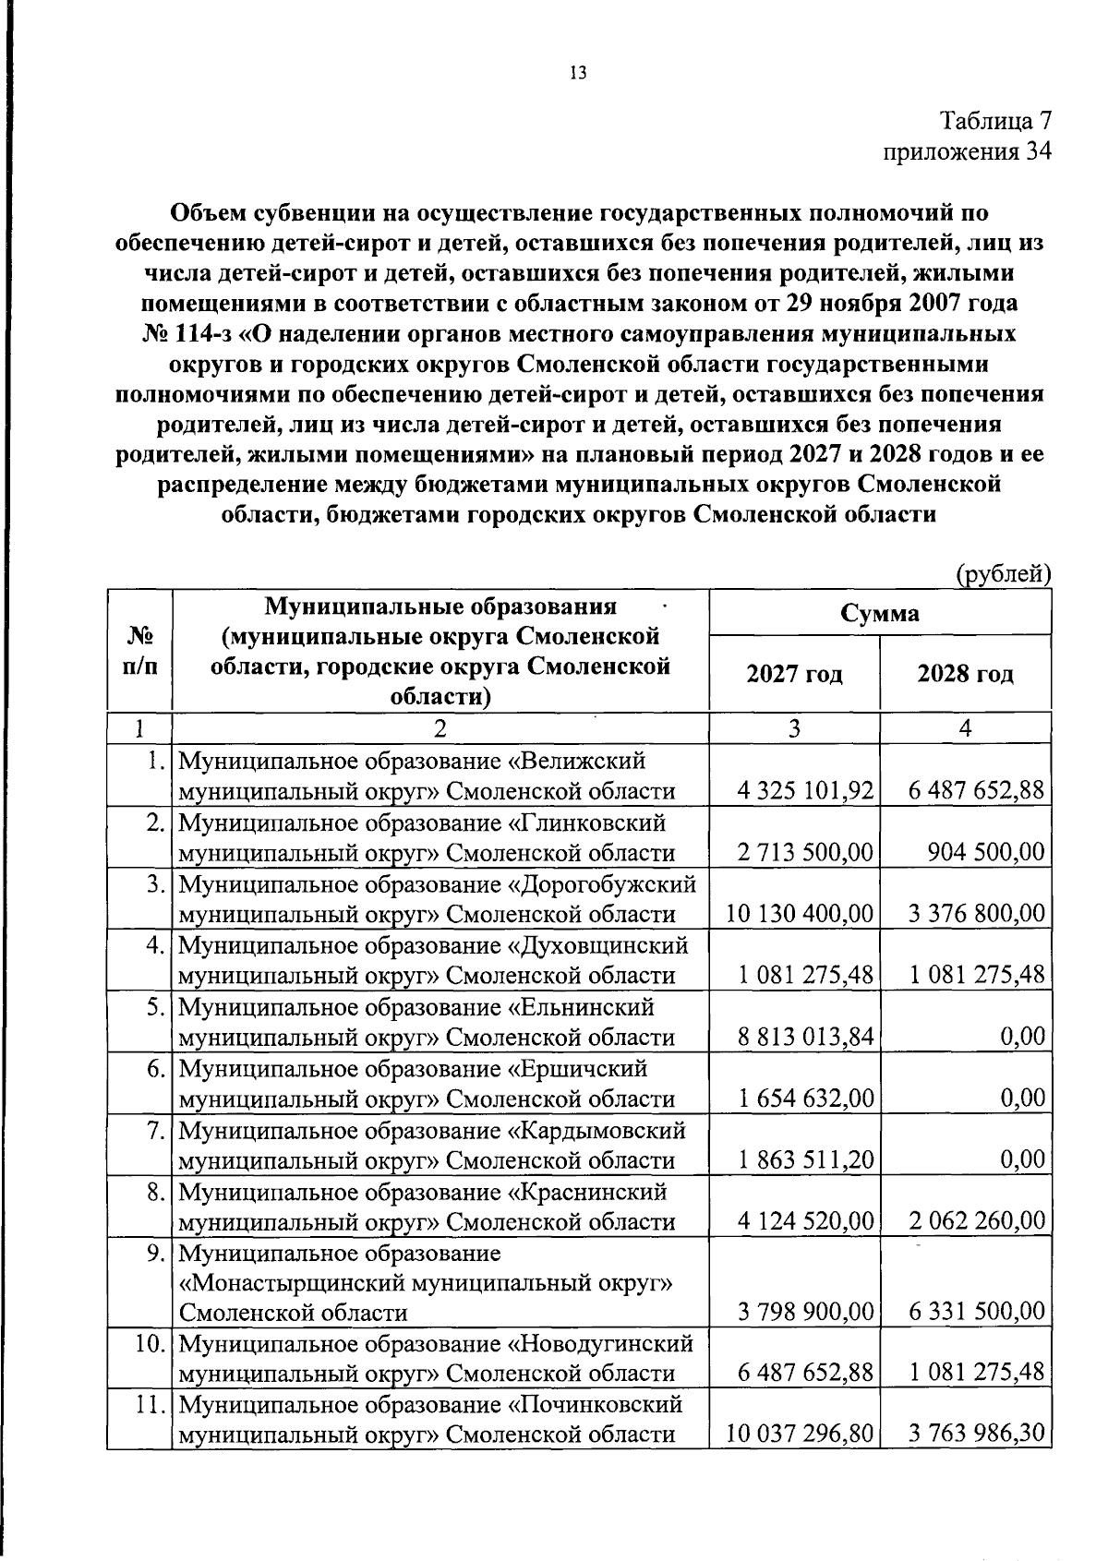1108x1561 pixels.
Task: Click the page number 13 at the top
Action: click(x=578, y=75)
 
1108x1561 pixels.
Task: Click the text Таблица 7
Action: click(x=995, y=121)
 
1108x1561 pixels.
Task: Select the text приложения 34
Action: click(x=968, y=151)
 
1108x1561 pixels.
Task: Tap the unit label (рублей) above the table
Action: click(x=1003, y=574)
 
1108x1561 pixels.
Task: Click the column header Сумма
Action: click(x=880, y=613)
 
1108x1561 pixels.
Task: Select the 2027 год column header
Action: click(x=794, y=673)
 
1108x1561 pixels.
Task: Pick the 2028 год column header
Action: click(x=965, y=673)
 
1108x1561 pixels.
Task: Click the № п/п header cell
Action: click(x=138, y=651)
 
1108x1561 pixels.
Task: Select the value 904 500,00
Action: click(x=986, y=852)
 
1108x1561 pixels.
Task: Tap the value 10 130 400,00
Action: click(x=800, y=914)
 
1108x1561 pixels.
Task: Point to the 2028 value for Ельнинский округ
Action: click(x=1023, y=1037)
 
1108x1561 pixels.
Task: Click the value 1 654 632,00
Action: click(x=805, y=1099)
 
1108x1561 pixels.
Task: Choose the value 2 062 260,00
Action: click(x=977, y=1221)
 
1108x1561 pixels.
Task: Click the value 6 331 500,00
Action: click(x=977, y=1311)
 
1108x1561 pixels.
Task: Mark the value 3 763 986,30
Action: click(x=977, y=1434)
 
